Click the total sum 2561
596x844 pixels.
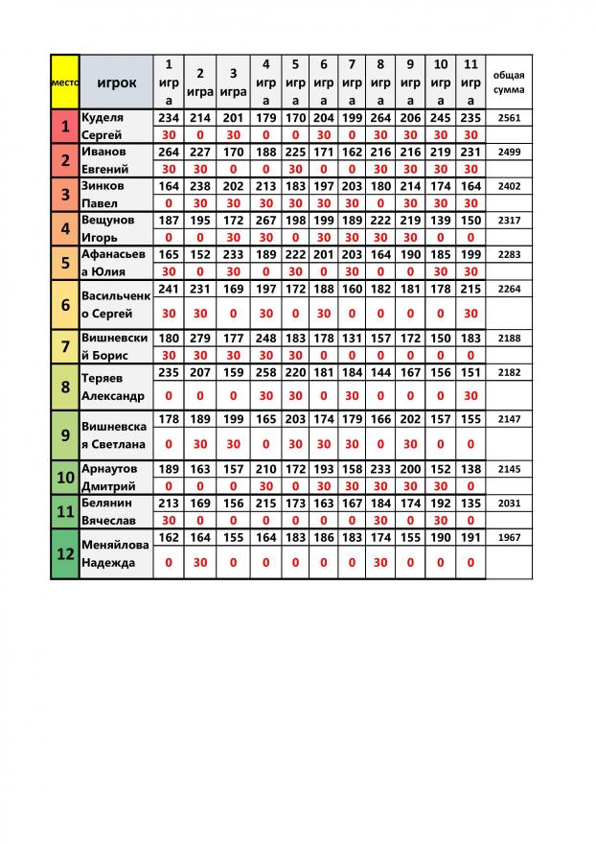(509, 117)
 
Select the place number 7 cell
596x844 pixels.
(64, 346)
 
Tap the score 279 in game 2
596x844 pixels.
(199, 338)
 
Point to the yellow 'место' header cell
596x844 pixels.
(64, 82)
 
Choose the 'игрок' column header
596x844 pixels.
(117, 82)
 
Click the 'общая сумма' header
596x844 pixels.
(509, 82)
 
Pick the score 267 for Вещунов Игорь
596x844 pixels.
(265, 221)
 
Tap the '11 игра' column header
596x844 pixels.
(470, 82)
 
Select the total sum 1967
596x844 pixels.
(509, 538)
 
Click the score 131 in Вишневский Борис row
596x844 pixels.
(352, 338)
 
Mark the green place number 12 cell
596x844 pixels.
(64, 554)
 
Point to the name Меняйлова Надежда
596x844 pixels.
(115, 554)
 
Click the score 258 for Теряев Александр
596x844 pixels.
(265, 372)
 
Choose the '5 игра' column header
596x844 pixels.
(295, 82)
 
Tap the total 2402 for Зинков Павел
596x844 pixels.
(509, 186)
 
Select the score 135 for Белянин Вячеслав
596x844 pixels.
(470, 503)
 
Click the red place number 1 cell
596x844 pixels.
(64, 126)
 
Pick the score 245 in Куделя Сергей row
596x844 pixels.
(441, 117)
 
